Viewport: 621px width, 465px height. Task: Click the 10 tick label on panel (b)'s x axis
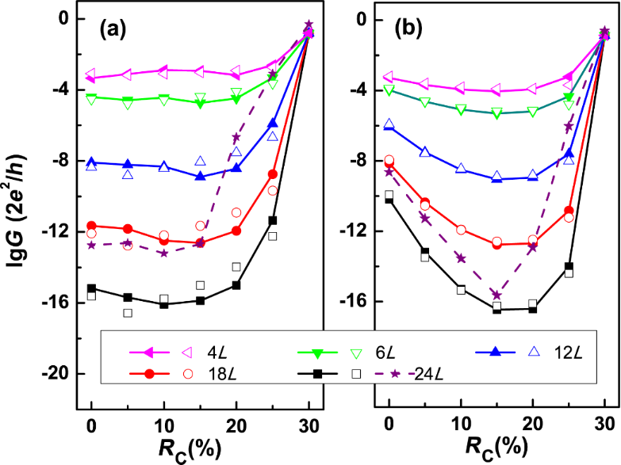click(x=460, y=420)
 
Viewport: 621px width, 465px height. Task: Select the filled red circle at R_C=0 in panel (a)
click(x=91, y=226)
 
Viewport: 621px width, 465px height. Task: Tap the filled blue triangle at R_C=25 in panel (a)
click(x=272, y=123)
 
